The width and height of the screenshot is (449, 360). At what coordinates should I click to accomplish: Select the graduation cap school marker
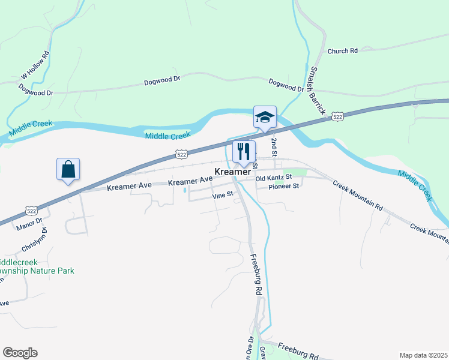click(265, 117)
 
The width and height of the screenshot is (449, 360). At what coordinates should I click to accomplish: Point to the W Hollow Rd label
click(35, 65)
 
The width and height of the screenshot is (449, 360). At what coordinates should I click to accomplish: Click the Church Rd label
click(342, 51)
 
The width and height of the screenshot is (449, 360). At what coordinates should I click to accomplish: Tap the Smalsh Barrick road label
click(317, 90)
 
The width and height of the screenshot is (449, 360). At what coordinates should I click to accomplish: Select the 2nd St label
click(274, 146)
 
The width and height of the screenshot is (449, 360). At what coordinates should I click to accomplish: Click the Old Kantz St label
click(273, 178)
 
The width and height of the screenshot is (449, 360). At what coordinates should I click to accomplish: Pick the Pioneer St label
click(283, 187)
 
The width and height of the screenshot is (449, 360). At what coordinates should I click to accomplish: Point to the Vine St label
click(221, 196)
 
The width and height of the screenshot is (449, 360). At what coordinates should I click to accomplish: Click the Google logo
click(20, 353)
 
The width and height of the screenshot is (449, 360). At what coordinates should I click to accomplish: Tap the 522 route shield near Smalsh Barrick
click(338, 117)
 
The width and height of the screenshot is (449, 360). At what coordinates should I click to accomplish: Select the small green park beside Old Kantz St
click(298, 173)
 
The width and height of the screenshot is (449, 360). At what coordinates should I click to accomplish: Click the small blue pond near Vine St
click(184, 191)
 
